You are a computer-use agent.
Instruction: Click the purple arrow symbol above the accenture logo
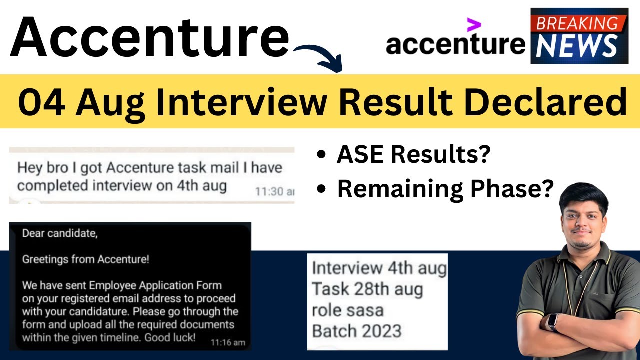(474, 25)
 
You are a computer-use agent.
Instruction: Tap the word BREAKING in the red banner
(577, 23)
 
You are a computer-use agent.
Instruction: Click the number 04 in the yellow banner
(41, 102)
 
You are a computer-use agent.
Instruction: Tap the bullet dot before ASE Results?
(321, 154)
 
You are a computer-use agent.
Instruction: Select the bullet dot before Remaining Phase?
(321, 189)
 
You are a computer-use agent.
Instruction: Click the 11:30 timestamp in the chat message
(275, 191)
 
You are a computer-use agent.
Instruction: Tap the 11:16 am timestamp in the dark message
(228, 342)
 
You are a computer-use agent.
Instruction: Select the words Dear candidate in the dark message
(60, 233)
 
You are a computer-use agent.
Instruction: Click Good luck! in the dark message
(170, 337)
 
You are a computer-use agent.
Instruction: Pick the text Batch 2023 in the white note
(357, 331)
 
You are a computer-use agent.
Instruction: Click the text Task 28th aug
(367, 289)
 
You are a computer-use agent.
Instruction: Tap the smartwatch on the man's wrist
(553, 322)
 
